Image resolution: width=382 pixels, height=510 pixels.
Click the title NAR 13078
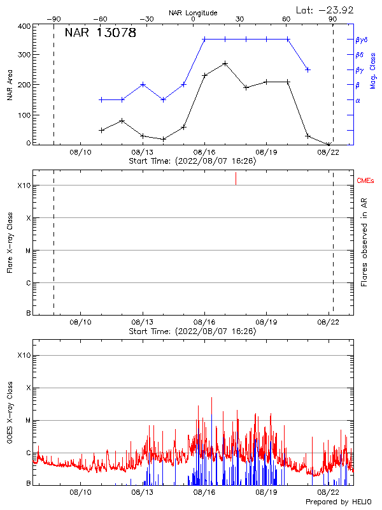[100, 33]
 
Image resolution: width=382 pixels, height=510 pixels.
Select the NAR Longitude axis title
[193, 13]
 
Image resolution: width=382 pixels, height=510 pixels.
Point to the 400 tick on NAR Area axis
[24, 26]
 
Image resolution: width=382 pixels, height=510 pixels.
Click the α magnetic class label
[358, 100]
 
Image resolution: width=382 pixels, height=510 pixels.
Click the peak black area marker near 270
[225, 64]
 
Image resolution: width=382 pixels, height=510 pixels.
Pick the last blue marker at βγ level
[308, 69]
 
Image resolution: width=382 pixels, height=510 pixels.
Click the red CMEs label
[366, 182]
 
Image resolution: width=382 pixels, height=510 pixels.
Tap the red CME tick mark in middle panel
[236, 178]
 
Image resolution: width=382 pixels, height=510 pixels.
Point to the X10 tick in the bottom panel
[24, 355]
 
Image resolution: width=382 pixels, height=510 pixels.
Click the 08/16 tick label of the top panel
[204, 153]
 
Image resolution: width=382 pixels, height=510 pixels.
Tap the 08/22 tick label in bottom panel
[329, 492]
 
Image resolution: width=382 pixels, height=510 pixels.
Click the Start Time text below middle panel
[192, 331]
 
